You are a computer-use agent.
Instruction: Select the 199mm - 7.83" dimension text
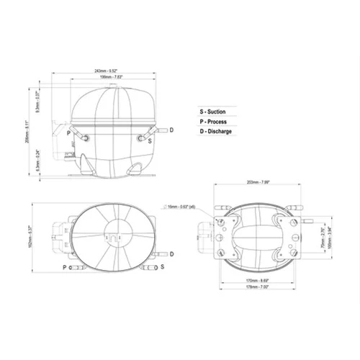tap(114, 76)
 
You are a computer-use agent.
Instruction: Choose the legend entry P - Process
tap(214, 122)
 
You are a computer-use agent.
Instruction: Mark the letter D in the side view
tap(171, 130)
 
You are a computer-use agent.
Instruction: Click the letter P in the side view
tap(68, 133)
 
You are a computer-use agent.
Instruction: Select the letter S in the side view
tap(149, 141)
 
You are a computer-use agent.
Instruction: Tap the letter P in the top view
tap(65, 267)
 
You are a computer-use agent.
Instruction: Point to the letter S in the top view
tap(162, 267)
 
